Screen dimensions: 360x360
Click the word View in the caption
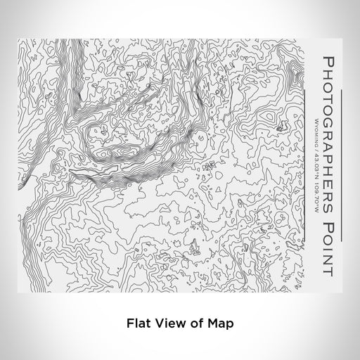click(x=166, y=325)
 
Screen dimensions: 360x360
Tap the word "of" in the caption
click(x=192, y=325)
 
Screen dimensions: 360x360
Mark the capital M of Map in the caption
click(x=207, y=325)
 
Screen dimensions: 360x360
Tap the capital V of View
click(x=156, y=325)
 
